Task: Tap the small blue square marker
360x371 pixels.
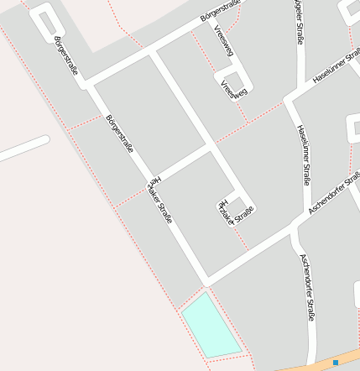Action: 336,363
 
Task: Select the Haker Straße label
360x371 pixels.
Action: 159,200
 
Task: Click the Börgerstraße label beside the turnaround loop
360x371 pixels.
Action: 65,55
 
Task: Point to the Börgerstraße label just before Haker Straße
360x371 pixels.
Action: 120,133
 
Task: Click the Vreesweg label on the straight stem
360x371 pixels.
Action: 223,41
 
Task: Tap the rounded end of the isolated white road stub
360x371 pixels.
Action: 43,141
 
